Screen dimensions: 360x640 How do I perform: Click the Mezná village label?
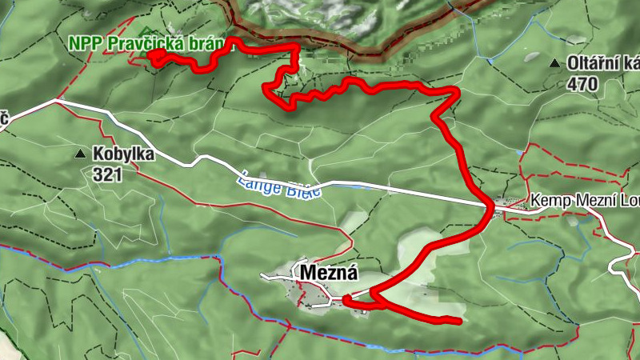(x=328, y=272)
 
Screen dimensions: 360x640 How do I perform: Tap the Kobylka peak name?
(x=123, y=154)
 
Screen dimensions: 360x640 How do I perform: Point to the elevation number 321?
(x=106, y=173)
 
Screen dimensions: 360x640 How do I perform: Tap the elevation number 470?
(x=583, y=82)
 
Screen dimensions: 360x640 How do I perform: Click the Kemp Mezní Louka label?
(x=583, y=202)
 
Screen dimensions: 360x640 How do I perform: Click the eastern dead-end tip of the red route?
(x=460, y=322)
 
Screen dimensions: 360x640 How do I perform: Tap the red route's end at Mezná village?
(x=346, y=300)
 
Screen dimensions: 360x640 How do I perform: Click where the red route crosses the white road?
(x=489, y=206)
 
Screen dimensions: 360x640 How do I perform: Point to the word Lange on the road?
(x=256, y=179)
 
